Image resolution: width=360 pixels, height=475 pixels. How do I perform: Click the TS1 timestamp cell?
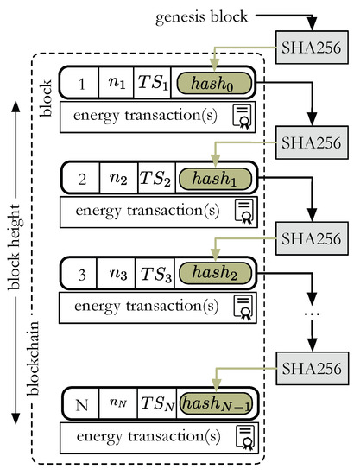[156, 84]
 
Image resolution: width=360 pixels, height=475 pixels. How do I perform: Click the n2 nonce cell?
[117, 177]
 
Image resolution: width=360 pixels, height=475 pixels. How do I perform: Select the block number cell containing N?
[81, 403]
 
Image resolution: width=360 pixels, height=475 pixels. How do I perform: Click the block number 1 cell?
[81, 84]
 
